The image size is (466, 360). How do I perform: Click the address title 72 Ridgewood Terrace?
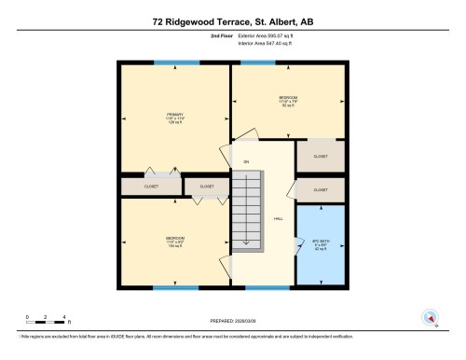[x=233, y=19]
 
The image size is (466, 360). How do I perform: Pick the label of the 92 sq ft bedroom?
[x=289, y=99]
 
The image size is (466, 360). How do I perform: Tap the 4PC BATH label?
[x=321, y=245]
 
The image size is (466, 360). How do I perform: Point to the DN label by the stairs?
[x=246, y=162]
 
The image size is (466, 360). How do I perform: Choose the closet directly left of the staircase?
[x=207, y=187]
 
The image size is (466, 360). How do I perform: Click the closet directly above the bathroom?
[x=321, y=189]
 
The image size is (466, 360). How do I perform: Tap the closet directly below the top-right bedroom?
[x=321, y=157]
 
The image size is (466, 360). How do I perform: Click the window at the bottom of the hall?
[x=267, y=287]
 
